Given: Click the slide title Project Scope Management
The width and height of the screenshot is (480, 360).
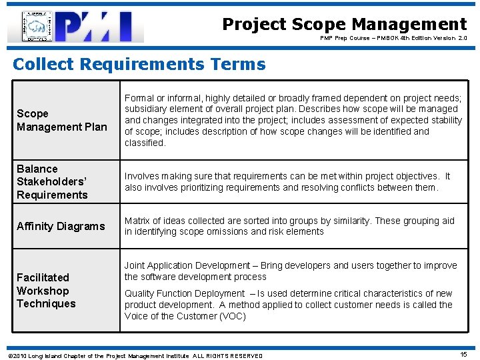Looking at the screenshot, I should tap(344, 25).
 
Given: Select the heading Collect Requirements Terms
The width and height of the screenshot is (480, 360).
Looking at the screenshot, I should tap(139, 64).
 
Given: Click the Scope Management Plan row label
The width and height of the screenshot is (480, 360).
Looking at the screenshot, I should tap(61, 120).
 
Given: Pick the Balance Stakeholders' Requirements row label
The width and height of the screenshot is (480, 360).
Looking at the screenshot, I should tap(52, 181).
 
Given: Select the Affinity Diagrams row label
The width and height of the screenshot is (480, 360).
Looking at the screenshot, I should tap(61, 226).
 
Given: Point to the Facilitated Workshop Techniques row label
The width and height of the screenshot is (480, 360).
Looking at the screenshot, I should tap(46, 290).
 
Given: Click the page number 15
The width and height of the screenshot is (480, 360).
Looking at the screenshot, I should tap(463, 355).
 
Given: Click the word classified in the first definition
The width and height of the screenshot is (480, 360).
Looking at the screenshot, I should tap(145, 143).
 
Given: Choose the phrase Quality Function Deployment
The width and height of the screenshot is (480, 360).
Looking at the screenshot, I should tap(185, 293).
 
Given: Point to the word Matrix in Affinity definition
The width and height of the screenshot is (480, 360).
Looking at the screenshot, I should tap(137, 221).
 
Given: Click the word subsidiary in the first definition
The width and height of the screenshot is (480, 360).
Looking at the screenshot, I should tap(146, 109).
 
